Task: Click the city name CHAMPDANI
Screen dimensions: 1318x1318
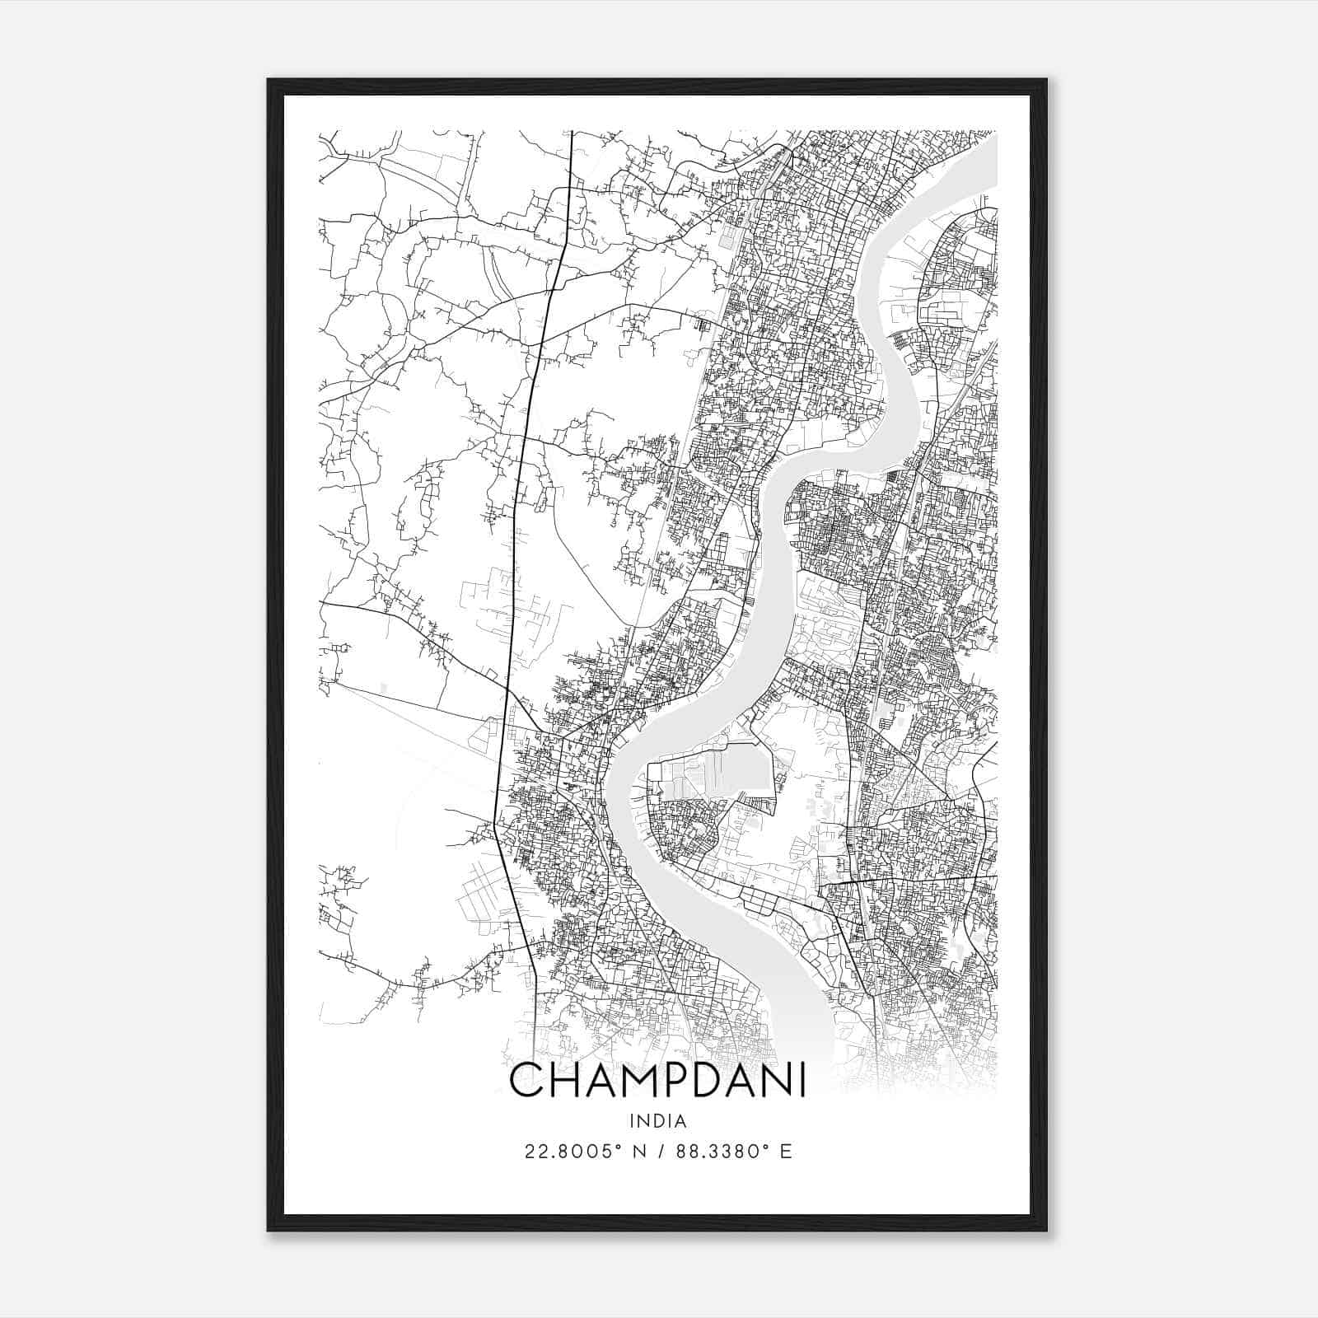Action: pos(657,1082)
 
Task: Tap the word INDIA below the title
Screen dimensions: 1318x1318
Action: pos(657,1121)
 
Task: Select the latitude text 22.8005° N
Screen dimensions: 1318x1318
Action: pos(585,1151)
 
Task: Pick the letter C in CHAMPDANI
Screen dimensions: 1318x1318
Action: pos(527,1082)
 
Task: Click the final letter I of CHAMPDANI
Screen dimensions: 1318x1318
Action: pos(800,1082)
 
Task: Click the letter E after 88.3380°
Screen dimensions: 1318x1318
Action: pos(787,1151)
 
